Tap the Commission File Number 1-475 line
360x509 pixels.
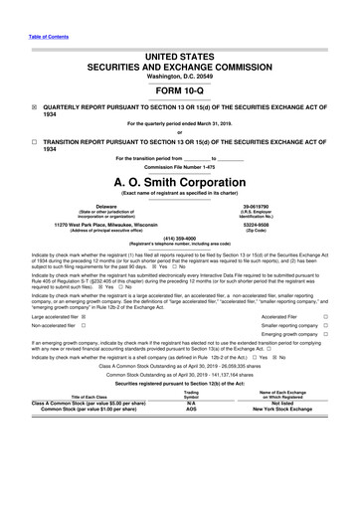coord(179,168)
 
